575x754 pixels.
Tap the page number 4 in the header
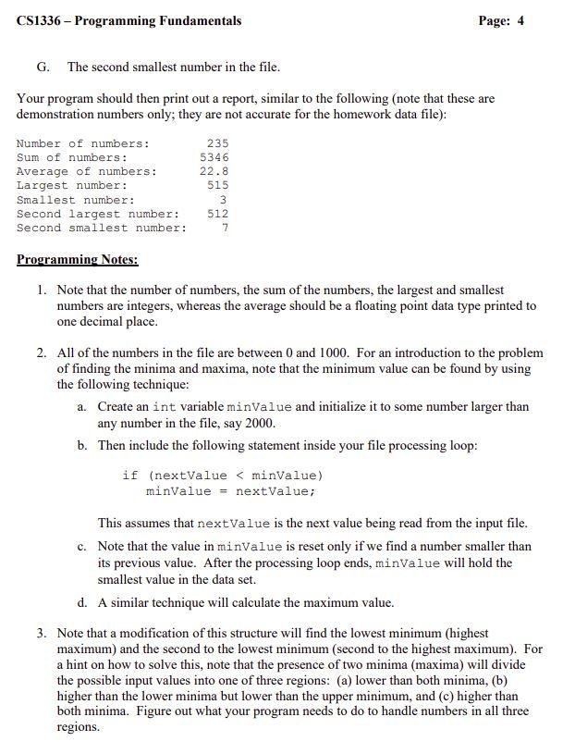pyautogui.click(x=520, y=20)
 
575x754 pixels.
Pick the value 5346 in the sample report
pyautogui.click(x=214, y=157)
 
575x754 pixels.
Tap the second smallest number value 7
pyautogui.click(x=225, y=228)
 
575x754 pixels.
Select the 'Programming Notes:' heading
pyautogui.click(x=77, y=260)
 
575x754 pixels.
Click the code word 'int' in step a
pyautogui.click(x=164, y=407)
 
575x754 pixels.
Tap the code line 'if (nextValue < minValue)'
pyautogui.click(x=222, y=476)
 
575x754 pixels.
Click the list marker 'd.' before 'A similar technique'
pyautogui.click(x=83, y=602)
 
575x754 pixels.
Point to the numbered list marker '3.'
pyautogui.click(x=43, y=633)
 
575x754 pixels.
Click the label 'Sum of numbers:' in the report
pyautogui.click(x=72, y=157)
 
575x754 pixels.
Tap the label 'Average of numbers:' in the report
pyautogui.click(x=86, y=171)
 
